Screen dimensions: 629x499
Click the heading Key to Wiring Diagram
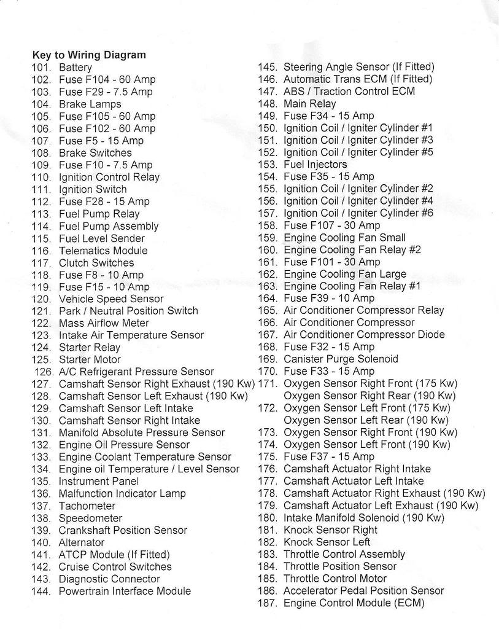[89, 55]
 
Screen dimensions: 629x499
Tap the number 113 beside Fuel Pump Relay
[41, 214]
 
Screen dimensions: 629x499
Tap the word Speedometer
[90, 518]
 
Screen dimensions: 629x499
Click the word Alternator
[82, 542]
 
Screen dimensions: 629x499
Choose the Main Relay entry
[309, 104]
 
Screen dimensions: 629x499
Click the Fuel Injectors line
[315, 165]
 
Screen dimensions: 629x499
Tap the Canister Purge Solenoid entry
[341, 359]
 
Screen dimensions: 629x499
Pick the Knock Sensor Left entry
[327, 542]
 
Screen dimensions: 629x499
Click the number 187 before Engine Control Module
[268, 603]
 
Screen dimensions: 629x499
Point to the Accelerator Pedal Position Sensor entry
[363, 591]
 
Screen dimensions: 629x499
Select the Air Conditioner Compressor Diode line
[364, 335]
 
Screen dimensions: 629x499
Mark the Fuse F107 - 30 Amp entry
[331, 225]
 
